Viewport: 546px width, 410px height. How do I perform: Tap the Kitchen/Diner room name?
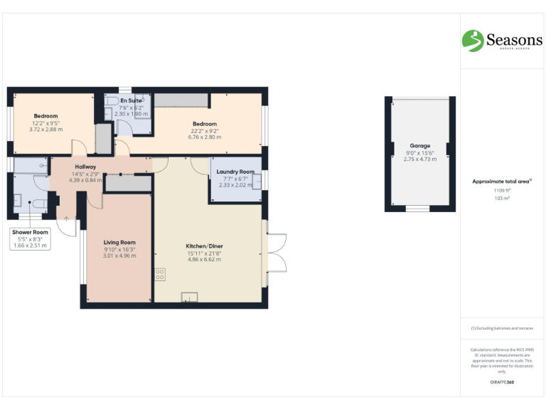click(x=205, y=246)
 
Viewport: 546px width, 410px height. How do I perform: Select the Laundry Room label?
click(x=237, y=172)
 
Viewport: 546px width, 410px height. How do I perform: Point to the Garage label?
click(x=419, y=145)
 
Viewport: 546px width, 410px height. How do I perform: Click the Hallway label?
click(x=85, y=167)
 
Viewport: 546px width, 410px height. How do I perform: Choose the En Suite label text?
click(x=131, y=101)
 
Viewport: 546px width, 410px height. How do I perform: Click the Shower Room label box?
click(x=29, y=238)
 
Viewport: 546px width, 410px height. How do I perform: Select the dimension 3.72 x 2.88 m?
click(x=45, y=130)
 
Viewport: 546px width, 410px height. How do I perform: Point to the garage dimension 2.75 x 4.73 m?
click(x=419, y=159)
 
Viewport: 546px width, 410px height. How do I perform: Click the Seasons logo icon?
click(x=472, y=41)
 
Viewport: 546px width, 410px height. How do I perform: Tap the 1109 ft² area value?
click(x=502, y=191)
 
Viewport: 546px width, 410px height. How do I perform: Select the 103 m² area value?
click(x=502, y=198)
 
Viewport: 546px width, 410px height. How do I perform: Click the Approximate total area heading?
click(x=502, y=182)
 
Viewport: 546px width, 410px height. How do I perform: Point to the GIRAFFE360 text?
click(x=502, y=383)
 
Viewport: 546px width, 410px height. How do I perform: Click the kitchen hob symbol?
click(x=159, y=273)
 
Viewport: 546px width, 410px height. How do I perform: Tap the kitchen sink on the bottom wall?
click(x=190, y=297)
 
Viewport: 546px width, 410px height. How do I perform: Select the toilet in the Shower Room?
click(x=39, y=204)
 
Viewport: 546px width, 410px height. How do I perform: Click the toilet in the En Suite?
click(x=112, y=102)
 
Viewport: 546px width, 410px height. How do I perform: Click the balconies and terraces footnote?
click(x=502, y=328)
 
